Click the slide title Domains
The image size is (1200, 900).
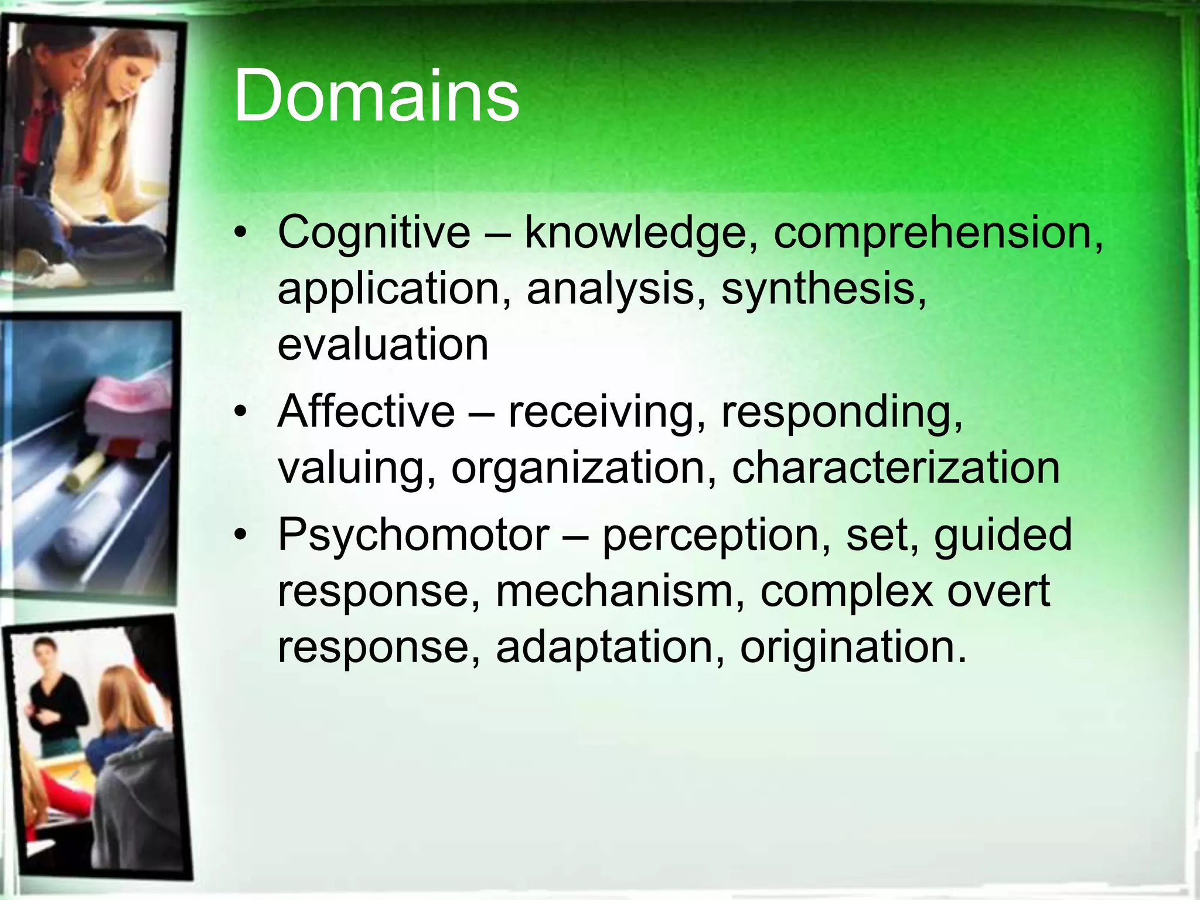click(x=376, y=96)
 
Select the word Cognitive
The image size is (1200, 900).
click(x=374, y=232)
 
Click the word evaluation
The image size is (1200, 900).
click(x=383, y=344)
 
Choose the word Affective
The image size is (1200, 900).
click(x=366, y=411)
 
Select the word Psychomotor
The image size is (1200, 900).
click(x=413, y=536)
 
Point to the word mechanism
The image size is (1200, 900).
click(x=616, y=591)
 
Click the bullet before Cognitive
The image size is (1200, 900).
click(x=240, y=233)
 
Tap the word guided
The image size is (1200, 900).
click(x=1003, y=536)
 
